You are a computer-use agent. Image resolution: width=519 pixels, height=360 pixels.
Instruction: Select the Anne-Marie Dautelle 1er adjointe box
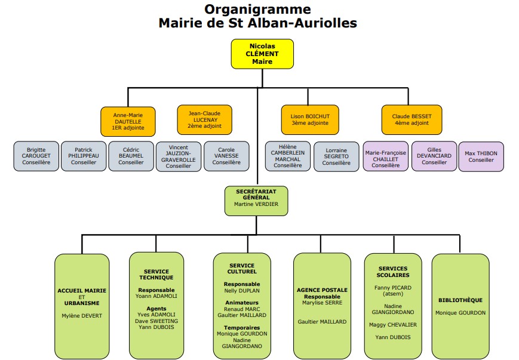pos(128,121)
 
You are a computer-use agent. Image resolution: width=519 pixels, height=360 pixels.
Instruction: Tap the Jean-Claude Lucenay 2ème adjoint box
pos(204,119)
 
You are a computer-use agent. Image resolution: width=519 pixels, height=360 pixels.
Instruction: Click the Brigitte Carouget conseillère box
pos(36,156)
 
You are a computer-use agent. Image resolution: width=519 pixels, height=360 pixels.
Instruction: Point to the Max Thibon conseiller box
pos(481,156)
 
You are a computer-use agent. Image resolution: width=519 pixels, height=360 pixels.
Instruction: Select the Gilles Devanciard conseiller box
pos(434,156)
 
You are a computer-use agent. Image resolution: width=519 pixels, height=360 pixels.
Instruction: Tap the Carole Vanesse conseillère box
pos(226,156)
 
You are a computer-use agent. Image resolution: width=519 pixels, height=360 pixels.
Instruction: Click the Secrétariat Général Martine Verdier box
pos(256,201)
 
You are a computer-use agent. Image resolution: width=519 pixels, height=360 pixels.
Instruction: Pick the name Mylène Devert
pos(82,316)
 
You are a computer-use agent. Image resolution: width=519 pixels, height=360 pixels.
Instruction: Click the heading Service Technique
pos(156,274)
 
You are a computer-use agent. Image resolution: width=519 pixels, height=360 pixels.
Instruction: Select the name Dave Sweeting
pos(156,321)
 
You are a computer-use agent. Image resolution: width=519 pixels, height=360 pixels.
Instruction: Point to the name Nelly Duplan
pos(242,290)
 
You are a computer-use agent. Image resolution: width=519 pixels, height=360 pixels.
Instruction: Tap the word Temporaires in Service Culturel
pos(242,327)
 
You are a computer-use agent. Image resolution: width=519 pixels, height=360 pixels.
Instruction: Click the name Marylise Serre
pos(322,303)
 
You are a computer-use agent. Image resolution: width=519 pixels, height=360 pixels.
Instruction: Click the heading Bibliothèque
pos(460,300)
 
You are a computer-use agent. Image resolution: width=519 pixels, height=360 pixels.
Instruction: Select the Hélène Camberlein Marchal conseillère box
pos(287,156)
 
